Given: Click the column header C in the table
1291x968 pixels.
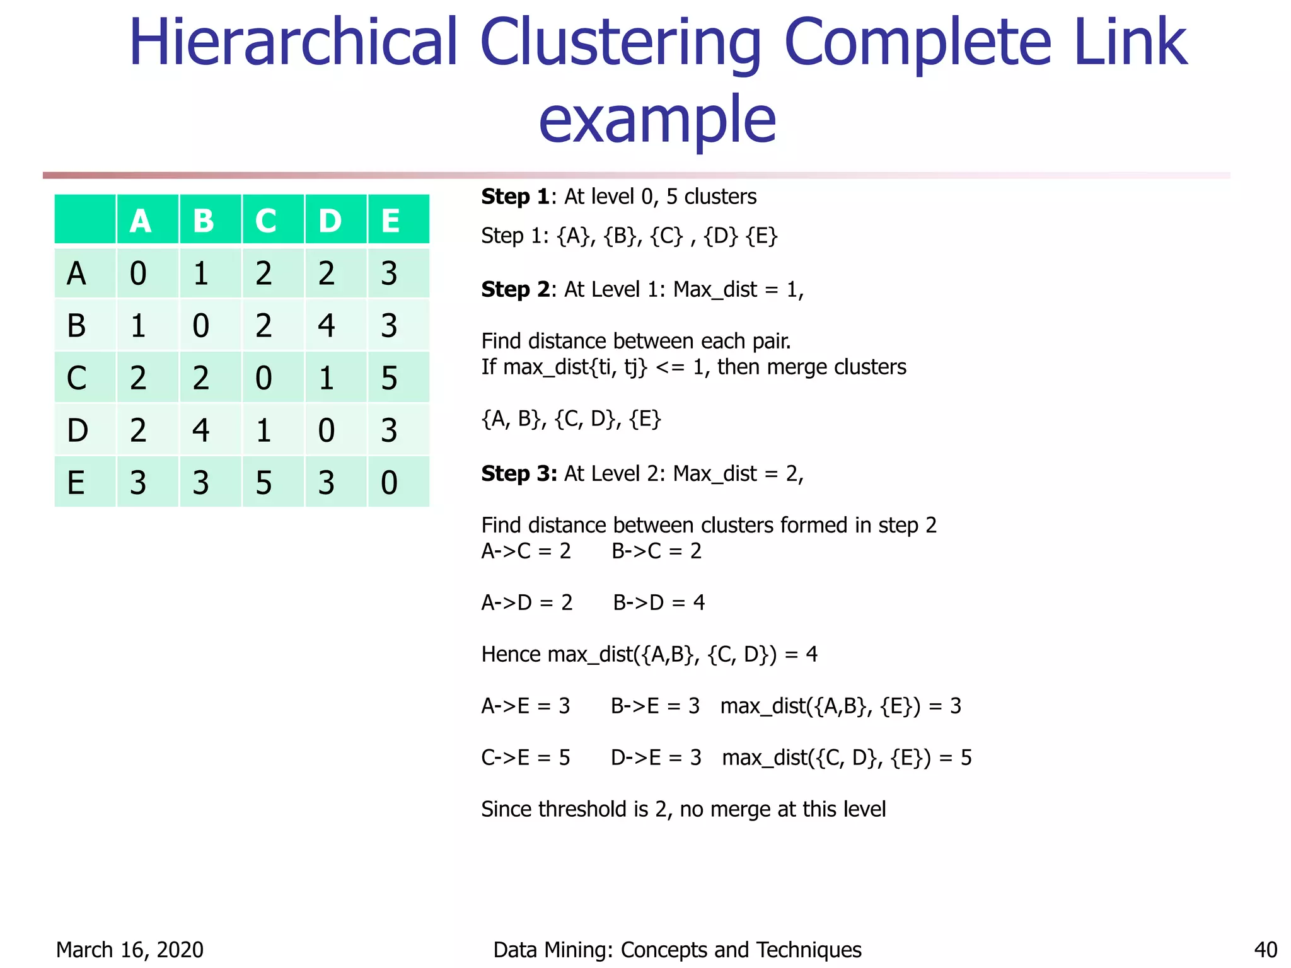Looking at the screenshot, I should [266, 221].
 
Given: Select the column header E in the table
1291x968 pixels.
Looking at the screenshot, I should [391, 221].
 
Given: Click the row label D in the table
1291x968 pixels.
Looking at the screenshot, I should [78, 430].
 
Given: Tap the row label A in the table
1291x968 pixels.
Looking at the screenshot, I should [77, 274].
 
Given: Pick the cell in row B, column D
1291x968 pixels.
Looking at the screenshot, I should [327, 326].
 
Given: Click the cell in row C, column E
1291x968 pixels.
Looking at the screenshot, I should [390, 378].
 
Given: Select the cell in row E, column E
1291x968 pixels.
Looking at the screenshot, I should [390, 483].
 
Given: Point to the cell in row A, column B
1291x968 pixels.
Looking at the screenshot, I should [201, 274].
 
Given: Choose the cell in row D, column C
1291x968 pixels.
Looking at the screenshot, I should [264, 430].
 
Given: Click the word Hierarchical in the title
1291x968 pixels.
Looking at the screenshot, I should [292, 42].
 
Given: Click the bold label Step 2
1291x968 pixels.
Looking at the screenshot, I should [514, 289].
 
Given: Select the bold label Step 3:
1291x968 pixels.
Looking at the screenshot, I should [519, 473].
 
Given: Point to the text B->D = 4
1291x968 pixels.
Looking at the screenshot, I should [659, 602].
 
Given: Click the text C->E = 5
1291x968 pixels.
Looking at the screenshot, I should [526, 758].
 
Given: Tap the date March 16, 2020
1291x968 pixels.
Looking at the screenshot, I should [130, 950].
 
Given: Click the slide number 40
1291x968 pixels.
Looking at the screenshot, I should [1265, 950].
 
